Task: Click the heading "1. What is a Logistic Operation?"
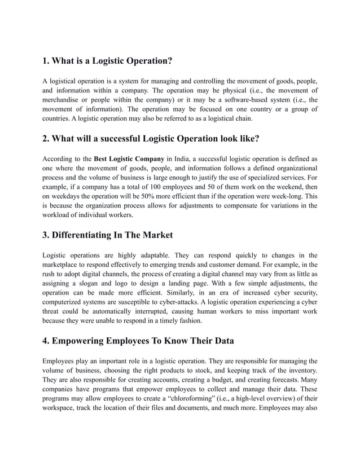107,60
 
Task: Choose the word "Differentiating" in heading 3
87,235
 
